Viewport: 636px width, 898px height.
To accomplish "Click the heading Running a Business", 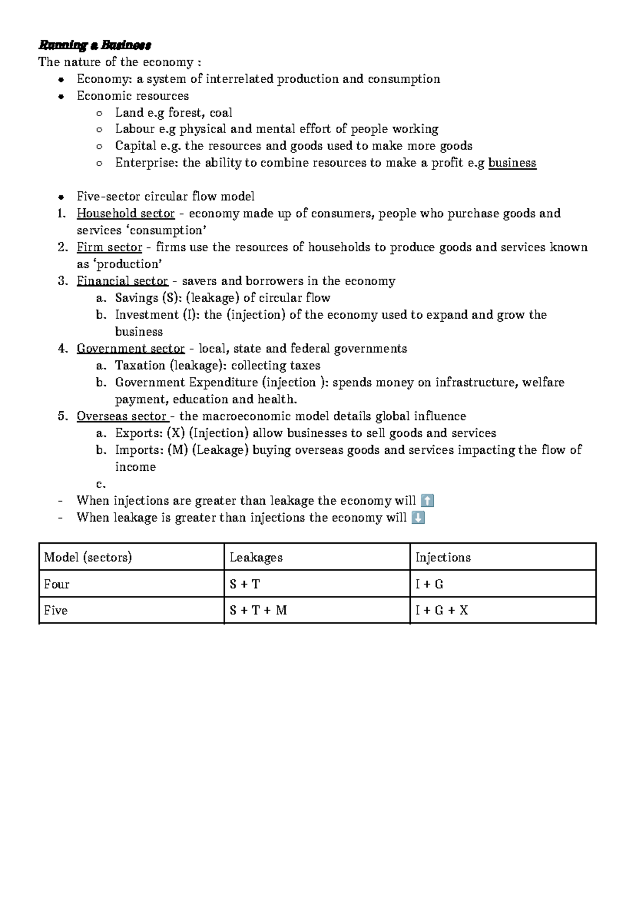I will (95, 45).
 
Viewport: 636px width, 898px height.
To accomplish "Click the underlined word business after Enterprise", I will (512, 163).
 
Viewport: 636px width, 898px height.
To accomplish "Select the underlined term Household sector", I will (126, 214).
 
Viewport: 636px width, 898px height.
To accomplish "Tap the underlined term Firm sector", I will (109, 248).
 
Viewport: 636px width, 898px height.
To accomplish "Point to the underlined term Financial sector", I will (122, 281).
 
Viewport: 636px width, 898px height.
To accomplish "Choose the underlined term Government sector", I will (130, 349).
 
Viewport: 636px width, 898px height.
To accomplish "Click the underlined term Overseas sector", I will (122, 416).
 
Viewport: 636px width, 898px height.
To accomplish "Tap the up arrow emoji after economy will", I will (427, 500).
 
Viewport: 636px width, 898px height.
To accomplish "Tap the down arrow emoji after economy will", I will (418, 517).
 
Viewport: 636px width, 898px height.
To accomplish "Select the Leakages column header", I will (256, 557).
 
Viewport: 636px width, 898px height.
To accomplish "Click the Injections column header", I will (443, 557).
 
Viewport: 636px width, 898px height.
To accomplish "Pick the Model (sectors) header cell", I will (88, 557).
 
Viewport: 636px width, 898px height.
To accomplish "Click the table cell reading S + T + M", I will (258, 610).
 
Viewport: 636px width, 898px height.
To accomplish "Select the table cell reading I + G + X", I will (441, 610).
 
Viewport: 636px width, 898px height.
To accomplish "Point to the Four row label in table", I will (57, 584).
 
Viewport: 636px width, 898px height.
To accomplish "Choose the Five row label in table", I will (56, 610).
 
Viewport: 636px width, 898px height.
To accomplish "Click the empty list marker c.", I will (101, 484).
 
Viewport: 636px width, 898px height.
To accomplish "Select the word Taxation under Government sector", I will (140, 366).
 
